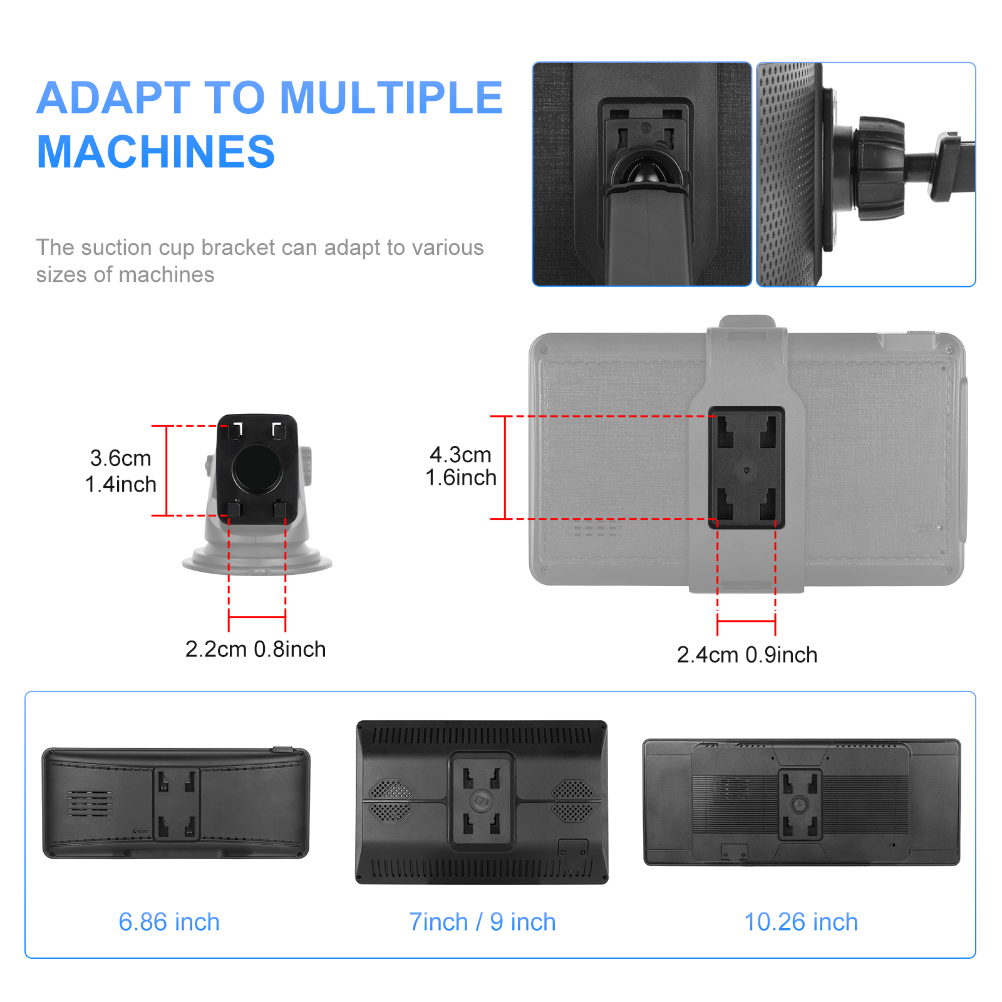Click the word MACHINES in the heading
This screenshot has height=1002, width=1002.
(156, 152)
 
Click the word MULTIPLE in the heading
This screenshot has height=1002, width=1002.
(391, 98)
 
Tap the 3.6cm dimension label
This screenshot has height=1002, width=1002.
(121, 458)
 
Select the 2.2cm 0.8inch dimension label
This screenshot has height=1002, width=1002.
(256, 649)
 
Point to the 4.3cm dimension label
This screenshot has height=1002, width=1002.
(460, 454)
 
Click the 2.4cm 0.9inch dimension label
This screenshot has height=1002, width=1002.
(747, 654)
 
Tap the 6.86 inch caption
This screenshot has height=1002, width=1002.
(169, 922)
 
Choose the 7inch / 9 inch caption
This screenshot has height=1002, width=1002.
(482, 922)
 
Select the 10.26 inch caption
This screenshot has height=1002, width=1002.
(801, 922)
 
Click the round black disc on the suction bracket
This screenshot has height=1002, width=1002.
(257, 468)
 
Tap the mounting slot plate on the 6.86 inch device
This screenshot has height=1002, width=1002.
(177, 804)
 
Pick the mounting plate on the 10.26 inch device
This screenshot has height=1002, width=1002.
(800, 805)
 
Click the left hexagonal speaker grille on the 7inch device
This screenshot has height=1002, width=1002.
(391, 801)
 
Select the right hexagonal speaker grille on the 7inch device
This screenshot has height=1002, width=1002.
(572, 801)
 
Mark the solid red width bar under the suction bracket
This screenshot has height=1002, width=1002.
(257, 617)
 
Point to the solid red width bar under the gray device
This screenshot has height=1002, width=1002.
(746, 621)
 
